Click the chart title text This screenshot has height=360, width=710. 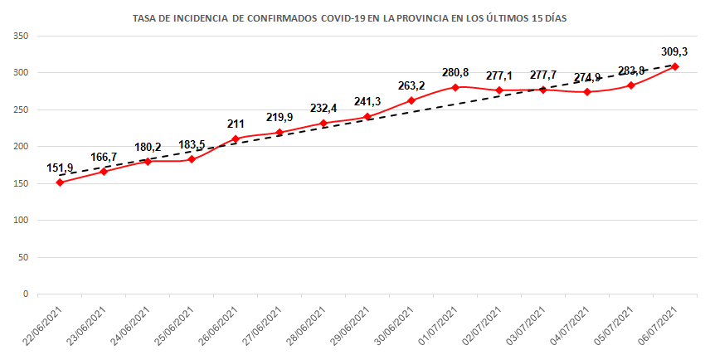coord(354,17)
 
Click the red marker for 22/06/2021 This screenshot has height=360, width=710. coord(60,182)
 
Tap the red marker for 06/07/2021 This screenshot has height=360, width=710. coord(675,66)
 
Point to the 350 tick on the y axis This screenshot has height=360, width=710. coord(22,36)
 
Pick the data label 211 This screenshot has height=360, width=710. coord(236,124)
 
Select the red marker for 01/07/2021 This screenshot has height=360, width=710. coord(455,87)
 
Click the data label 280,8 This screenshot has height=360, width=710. coord(455,72)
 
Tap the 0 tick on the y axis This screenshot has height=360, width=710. coord(27,294)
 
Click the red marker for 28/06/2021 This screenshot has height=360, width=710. coord(323,123)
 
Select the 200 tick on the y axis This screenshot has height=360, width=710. coord(22,147)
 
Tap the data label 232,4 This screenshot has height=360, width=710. coord(323,108)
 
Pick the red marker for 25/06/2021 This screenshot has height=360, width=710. coord(192,158)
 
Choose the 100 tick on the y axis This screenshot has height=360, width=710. coord(22,221)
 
